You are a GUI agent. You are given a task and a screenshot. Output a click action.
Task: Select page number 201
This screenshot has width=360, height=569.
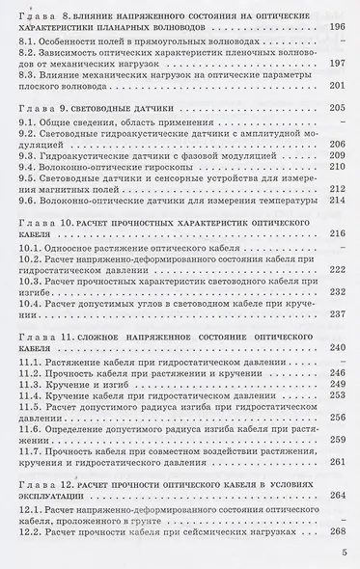click(x=338, y=112)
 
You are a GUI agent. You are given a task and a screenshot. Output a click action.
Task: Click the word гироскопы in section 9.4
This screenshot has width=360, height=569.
click(x=179, y=193)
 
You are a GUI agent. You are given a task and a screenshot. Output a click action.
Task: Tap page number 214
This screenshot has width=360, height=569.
click(x=338, y=228)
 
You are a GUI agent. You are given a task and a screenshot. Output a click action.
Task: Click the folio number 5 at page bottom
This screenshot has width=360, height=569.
click(x=344, y=553)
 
